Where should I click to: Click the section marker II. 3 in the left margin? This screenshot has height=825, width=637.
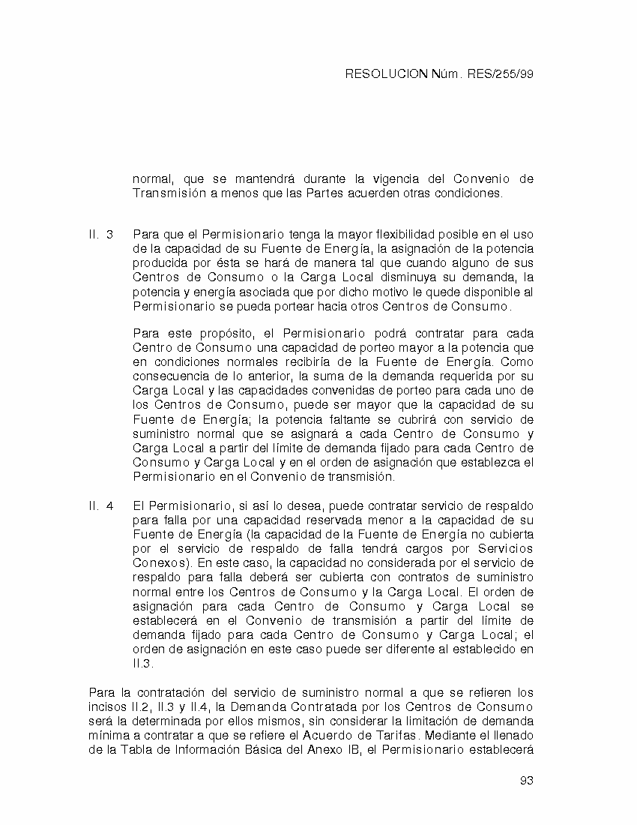[101, 235]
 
